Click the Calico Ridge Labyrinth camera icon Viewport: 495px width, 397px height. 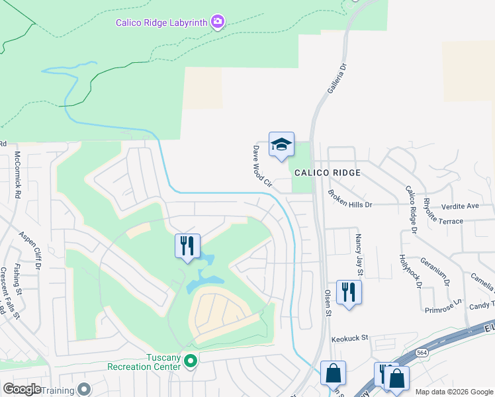click(x=218, y=22)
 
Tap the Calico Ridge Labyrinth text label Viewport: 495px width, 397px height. click(x=162, y=22)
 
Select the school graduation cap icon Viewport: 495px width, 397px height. click(x=281, y=144)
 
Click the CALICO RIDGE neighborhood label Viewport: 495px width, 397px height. click(x=328, y=173)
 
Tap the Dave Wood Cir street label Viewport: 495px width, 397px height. click(x=263, y=167)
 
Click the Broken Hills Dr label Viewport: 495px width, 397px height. click(x=350, y=199)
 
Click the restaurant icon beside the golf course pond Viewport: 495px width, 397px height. click(x=187, y=245)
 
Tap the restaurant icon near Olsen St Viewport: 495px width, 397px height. click(x=349, y=292)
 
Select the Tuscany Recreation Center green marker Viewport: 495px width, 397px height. click(x=191, y=361)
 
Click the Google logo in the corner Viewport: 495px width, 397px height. click(x=22, y=389)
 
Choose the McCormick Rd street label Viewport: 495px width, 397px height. click(x=18, y=176)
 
